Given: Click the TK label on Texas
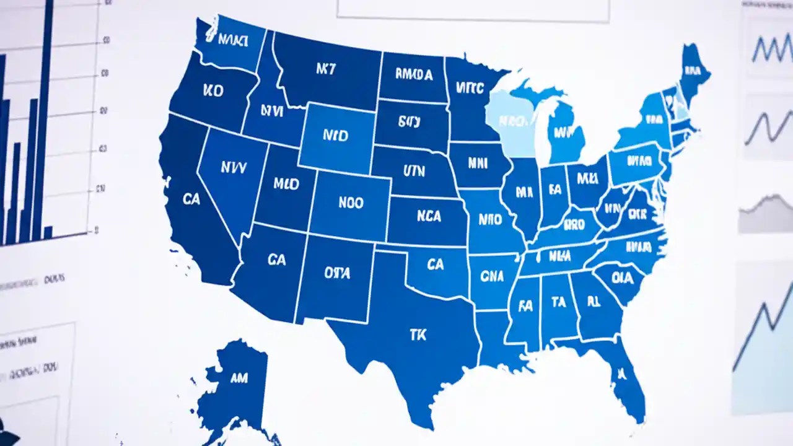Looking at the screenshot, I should [418, 334].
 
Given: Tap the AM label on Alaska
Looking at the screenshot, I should [239, 377].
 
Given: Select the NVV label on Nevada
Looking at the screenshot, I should [234, 167].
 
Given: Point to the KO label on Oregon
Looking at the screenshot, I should [212, 90].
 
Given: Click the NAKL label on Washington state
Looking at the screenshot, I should [233, 41].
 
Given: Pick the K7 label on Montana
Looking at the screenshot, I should [326, 69].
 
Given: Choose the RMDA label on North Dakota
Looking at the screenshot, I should [414, 75].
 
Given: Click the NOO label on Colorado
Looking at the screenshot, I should [351, 203].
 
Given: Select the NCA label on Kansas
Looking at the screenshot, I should [429, 217].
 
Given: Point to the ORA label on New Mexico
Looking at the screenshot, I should [337, 272].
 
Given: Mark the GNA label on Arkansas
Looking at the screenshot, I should [491, 276].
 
